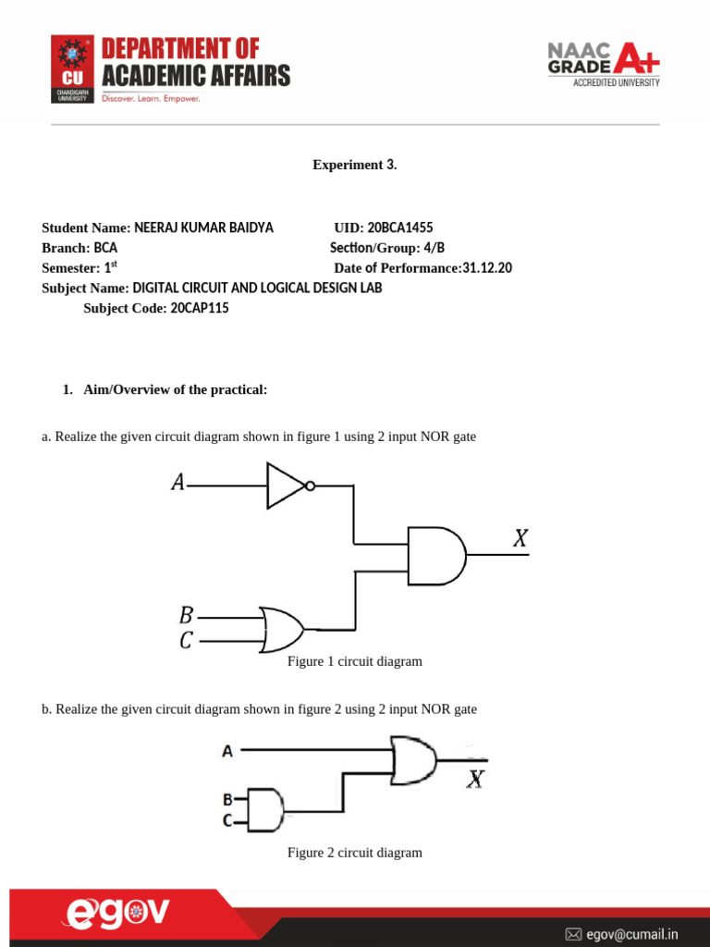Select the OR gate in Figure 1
(x=283, y=630)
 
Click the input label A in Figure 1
(x=177, y=482)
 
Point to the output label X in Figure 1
(x=520, y=538)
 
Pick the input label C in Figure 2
(x=226, y=818)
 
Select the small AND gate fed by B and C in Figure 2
(x=264, y=809)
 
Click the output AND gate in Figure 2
(x=413, y=758)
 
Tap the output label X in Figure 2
(x=474, y=781)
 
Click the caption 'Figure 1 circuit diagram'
(x=355, y=661)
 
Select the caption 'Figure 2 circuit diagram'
(x=355, y=853)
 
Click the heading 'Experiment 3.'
(x=355, y=166)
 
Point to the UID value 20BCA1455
(x=400, y=228)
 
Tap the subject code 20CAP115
(x=200, y=309)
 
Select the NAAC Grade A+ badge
(x=604, y=63)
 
